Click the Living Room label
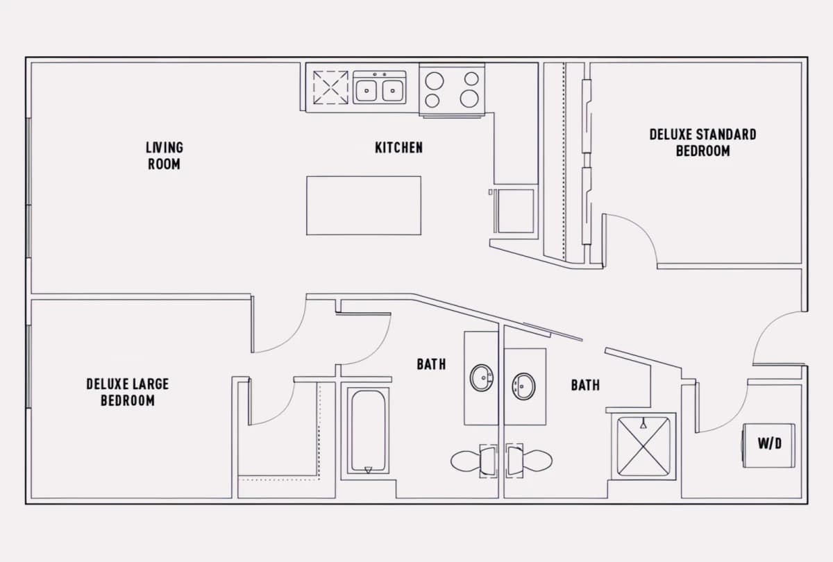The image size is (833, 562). coord(165,155)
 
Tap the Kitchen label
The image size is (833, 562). coord(398,148)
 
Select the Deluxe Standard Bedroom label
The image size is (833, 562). coord(702,143)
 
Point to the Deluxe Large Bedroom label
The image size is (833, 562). coord(128,392)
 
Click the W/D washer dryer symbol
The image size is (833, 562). coord(768,445)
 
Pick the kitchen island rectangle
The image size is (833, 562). coord(364,205)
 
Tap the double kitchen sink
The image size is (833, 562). coord(379,87)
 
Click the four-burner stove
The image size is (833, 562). coord(452,90)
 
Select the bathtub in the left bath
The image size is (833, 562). coord(368,430)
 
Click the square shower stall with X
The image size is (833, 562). coord(643,446)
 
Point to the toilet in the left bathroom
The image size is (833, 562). coord(474,461)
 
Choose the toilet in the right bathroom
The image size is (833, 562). coord(529,461)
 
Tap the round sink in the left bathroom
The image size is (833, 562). coord(482,377)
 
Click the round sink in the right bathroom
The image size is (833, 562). coord(523,386)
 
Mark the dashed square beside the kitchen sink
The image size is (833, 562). coord(330,87)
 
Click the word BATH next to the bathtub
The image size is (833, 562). coord(431,364)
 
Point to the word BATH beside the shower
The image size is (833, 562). coord(586,385)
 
